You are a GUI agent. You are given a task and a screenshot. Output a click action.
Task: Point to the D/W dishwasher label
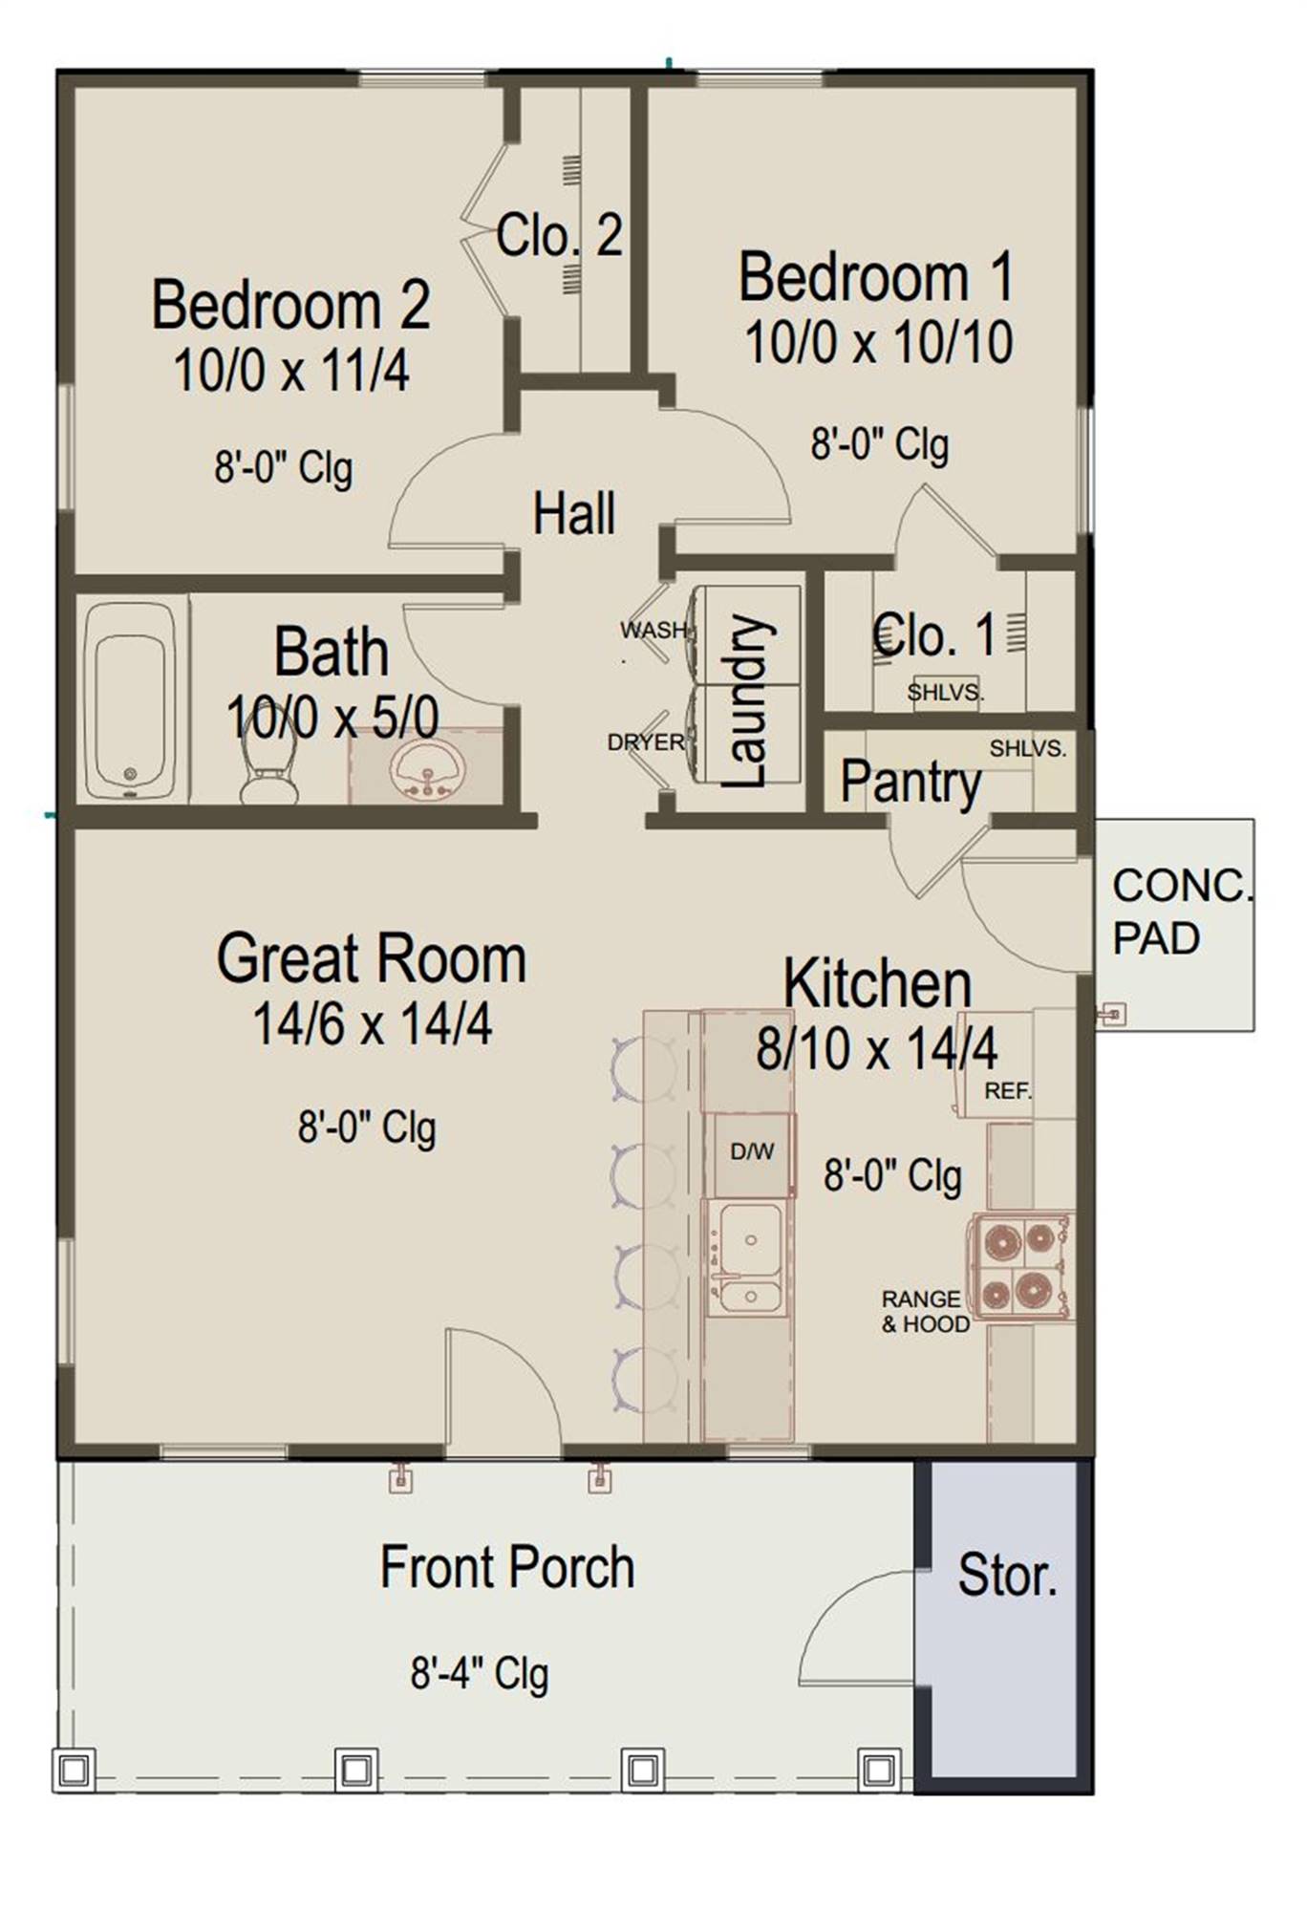point(752,1152)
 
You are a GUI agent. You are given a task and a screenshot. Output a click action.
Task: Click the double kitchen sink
point(749,1257)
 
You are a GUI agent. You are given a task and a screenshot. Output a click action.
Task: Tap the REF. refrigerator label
point(1008,1090)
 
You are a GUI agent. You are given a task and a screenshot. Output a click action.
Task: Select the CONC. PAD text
point(1182,912)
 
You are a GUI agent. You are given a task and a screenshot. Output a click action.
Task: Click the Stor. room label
point(1007,1576)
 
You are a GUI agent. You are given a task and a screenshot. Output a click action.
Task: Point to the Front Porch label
point(507,1567)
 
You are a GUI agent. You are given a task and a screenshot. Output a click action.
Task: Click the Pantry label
point(911,783)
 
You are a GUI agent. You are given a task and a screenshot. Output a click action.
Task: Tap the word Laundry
point(744,701)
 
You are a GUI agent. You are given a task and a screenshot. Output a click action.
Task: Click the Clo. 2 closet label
point(559,234)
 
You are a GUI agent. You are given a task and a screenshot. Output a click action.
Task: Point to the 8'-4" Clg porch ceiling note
point(480,1673)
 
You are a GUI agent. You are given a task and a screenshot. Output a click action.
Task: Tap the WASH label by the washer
point(653,630)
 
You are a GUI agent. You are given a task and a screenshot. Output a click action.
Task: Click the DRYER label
point(646,741)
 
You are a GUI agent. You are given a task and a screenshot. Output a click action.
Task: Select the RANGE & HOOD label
point(925,1311)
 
